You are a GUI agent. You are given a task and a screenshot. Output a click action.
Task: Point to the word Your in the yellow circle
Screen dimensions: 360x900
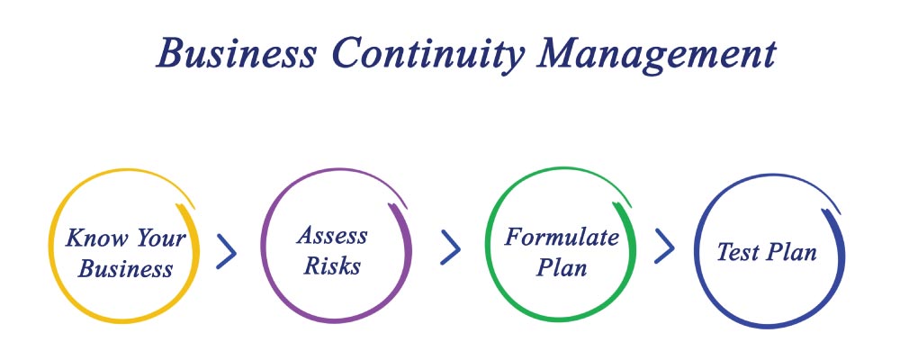coord(161,238)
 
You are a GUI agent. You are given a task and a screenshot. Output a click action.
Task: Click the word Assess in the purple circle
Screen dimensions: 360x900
coord(332,236)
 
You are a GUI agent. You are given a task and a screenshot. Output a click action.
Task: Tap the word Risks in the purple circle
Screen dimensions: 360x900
coord(332,265)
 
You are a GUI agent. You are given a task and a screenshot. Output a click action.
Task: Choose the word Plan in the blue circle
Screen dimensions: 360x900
coord(792,252)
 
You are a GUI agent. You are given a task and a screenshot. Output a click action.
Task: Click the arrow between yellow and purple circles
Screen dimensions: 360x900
coord(227,250)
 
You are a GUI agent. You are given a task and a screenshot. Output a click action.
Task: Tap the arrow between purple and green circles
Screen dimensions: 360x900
coord(450,247)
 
